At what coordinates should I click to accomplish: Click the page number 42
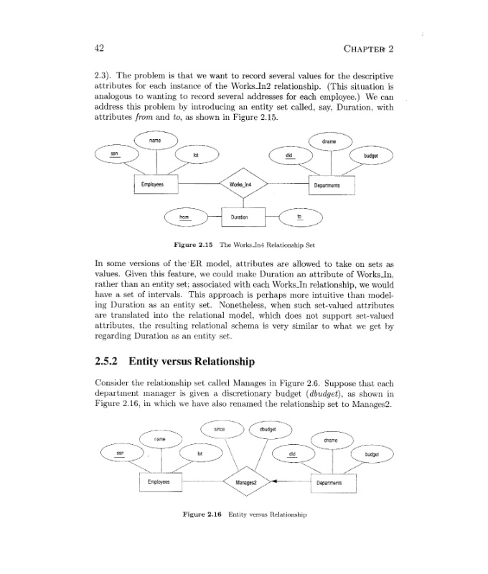pos(100,48)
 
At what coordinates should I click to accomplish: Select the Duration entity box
pos(240,216)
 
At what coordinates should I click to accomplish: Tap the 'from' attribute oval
pos(184,216)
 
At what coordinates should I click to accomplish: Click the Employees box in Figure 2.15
pos(152,184)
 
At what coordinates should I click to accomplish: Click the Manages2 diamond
pos(245,483)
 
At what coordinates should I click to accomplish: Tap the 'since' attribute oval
pos(220,430)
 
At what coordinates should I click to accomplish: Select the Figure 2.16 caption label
pos(203,514)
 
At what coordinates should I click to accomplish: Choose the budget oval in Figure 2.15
pos(371,156)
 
